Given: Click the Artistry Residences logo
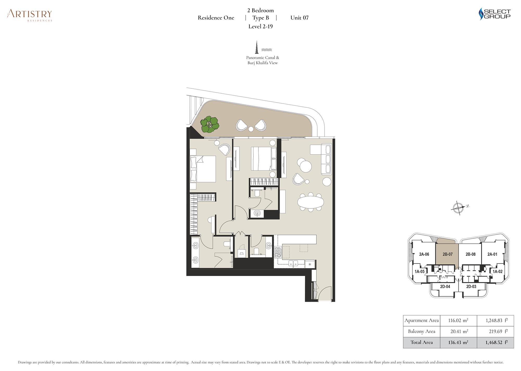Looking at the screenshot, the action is click(x=29, y=15).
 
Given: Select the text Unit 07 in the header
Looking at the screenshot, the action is click(x=299, y=18).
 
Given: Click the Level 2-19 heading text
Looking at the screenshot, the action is click(x=260, y=26).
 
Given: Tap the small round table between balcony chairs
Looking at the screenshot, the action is click(x=251, y=129).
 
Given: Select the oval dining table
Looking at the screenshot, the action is click(x=311, y=202).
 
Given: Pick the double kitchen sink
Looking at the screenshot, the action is click(x=293, y=263).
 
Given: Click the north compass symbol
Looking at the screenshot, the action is click(x=460, y=207).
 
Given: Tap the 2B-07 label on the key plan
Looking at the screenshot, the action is click(x=448, y=254).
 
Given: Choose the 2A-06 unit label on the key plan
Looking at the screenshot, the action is click(x=424, y=254).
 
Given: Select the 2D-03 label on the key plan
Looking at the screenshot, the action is click(x=471, y=286).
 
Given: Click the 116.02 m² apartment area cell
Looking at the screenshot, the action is click(x=458, y=321).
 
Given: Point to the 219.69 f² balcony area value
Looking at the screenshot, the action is click(x=498, y=331).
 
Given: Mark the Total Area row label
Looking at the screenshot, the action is click(x=421, y=342).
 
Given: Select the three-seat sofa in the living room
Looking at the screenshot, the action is click(x=326, y=159).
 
